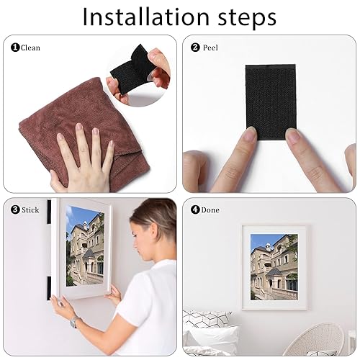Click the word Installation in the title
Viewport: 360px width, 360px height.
[146, 17]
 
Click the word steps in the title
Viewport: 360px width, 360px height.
[247, 18]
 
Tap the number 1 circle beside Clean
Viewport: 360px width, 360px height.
[15, 48]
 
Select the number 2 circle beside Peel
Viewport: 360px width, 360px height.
[195, 48]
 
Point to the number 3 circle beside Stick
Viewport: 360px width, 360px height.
[15, 210]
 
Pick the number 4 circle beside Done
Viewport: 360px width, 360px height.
[195, 210]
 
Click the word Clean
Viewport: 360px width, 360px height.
[30, 48]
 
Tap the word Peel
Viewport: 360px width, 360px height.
[210, 48]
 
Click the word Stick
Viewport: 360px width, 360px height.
[30, 210]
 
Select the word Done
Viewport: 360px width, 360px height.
[210, 210]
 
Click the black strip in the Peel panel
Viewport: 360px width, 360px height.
[271, 102]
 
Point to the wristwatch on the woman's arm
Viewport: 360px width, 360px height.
[74, 321]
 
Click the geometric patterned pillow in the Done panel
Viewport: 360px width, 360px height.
[207, 319]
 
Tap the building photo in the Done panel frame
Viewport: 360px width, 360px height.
[274, 267]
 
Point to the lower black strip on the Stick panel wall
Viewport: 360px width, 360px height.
[49, 288]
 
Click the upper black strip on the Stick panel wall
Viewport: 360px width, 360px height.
[49, 212]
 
